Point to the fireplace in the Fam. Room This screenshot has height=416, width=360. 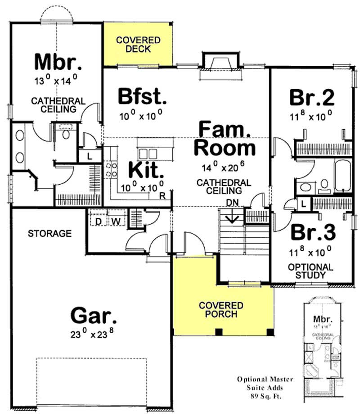[218, 63]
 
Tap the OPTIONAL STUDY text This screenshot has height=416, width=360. [310, 271]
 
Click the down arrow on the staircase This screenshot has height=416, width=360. [233, 218]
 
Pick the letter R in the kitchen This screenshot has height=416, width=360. [162, 195]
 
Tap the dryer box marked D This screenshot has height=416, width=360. [97, 221]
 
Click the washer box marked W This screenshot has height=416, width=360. [115, 221]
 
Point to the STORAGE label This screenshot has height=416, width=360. [49, 233]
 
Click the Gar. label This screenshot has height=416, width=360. [94, 315]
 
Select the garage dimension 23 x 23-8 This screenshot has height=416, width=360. [94, 334]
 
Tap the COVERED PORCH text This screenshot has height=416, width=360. [221, 310]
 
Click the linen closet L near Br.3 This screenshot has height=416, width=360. [304, 203]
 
